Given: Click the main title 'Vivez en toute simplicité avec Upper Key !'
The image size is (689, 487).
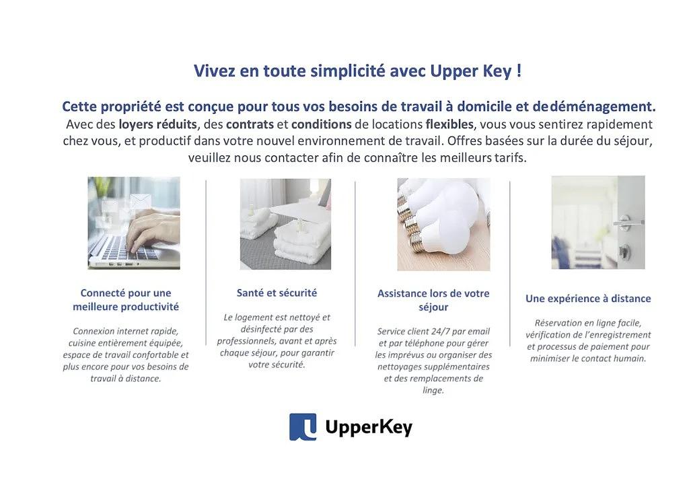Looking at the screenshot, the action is pos(358,71).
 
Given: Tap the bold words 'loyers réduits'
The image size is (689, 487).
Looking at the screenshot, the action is pos(157,124).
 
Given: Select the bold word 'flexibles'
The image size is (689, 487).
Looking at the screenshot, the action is pos(449,124).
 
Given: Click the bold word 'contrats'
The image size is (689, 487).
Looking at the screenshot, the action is pos(250,124).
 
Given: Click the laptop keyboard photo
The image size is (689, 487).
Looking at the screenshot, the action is pos(134,223).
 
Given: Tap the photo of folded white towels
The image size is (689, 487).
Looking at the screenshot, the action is pos(285,224).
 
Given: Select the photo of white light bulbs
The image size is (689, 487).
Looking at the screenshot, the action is pos(443,225).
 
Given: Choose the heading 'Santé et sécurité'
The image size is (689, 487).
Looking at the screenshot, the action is pos(277,293).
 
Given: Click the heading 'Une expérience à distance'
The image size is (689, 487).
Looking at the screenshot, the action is pos(588,299).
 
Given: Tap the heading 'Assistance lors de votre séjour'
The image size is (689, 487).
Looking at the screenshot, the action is pos(433,300).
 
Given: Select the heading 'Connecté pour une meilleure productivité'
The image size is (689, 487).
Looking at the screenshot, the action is pos(126,299).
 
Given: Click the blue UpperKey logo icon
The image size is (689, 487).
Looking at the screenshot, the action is pos(303,426).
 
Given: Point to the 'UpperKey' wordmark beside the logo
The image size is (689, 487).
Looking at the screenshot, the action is pos(369,427).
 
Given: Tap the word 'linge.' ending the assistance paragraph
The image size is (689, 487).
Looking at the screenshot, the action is pos(433,390).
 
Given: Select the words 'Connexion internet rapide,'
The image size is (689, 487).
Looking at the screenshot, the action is pos(126,331).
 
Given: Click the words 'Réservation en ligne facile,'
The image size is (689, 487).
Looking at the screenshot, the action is pos(588,323).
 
